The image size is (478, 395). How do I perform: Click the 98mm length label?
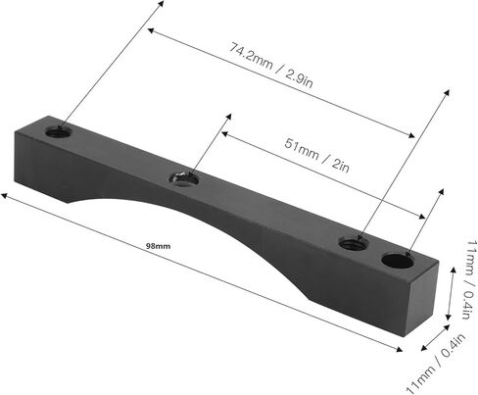pos(158,246)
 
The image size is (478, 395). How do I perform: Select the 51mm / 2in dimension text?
pos(316,155)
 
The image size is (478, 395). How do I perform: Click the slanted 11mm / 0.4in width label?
pos(436,364)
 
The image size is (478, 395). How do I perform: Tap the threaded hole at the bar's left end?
pos(59,132)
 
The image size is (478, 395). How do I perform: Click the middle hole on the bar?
pos(184,178)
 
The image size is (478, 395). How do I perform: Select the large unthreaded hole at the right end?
pos(399,261)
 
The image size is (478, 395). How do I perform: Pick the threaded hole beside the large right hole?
pos(354,243)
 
